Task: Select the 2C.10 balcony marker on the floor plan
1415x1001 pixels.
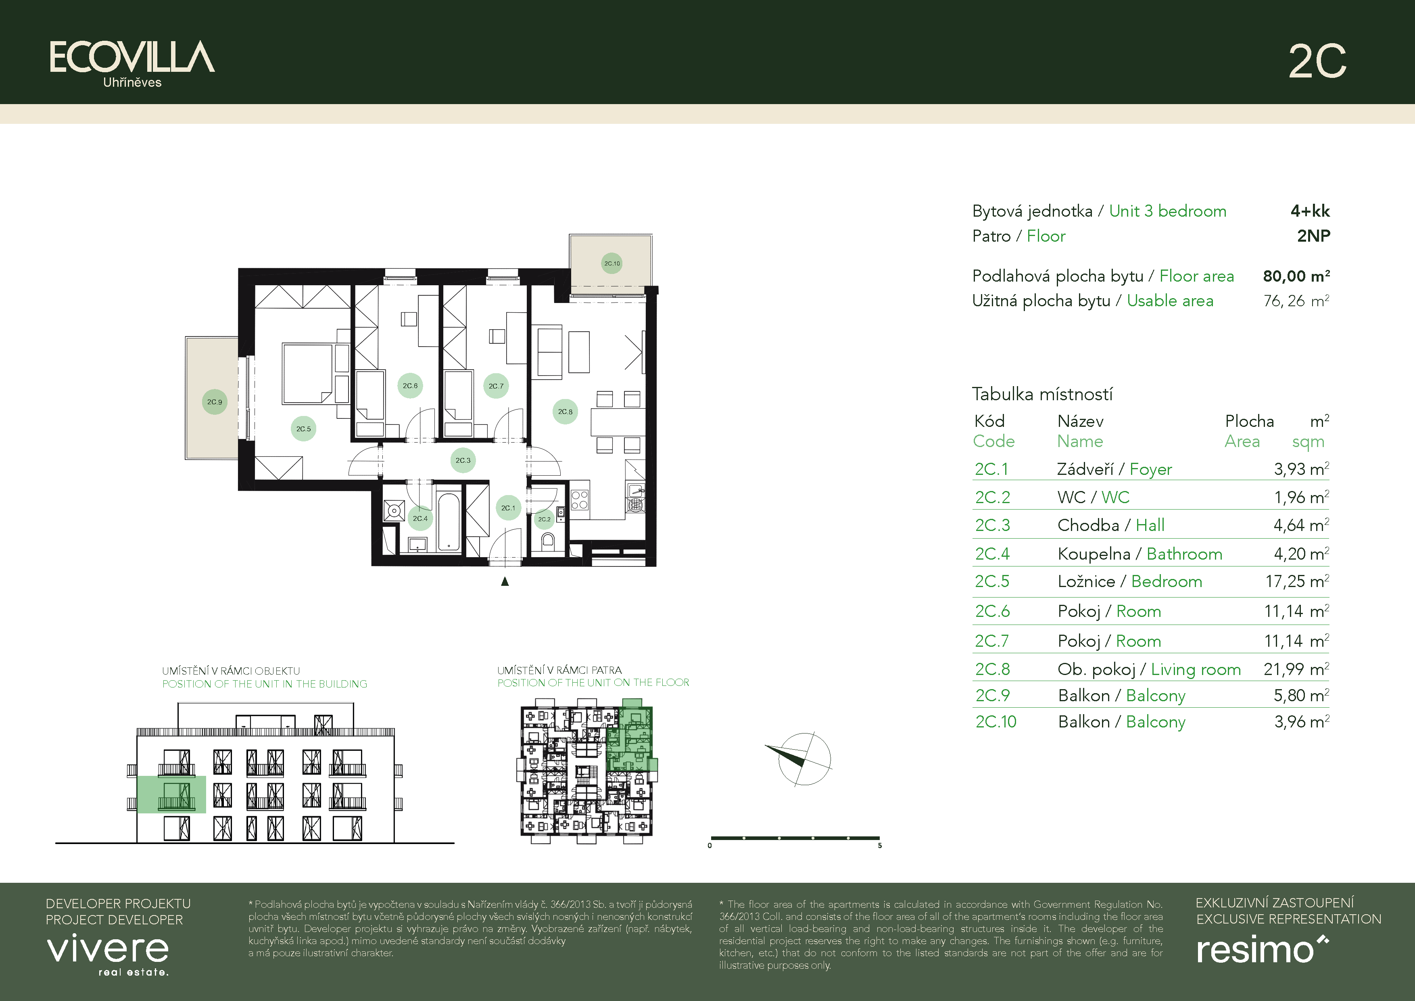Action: pos(611,263)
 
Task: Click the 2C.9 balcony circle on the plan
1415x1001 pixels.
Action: pos(215,402)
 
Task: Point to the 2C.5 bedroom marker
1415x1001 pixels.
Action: pos(303,428)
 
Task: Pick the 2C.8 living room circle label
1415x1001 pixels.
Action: pos(565,411)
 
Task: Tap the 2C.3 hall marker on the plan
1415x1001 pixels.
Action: pos(463,460)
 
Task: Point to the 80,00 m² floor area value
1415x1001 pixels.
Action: pos(1296,276)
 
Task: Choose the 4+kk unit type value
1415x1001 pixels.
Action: pos(1310,211)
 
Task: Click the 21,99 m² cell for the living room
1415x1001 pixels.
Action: pos(1296,669)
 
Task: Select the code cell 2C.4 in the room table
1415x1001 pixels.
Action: pos(992,554)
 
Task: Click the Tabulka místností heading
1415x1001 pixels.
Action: pos(1042,394)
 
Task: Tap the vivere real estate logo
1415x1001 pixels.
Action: pos(108,955)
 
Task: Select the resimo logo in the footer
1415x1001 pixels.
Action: pos(1262,949)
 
